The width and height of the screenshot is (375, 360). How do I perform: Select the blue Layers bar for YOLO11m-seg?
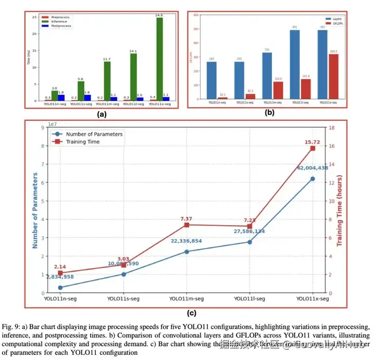pyautogui.click(x=267, y=76)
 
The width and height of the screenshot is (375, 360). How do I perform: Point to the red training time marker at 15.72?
pyautogui.click(x=312, y=148)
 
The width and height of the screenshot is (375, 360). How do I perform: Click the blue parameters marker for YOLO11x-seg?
pyautogui.click(x=312, y=179)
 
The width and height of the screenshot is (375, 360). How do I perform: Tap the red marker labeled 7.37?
pyautogui.click(x=186, y=225)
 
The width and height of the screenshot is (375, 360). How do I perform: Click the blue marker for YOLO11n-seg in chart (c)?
pyautogui.click(x=60, y=288)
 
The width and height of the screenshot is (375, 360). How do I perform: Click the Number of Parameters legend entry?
pyautogui.click(x=91, y=134)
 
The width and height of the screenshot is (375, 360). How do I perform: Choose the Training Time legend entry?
pyautogui.click(x=83, y=142)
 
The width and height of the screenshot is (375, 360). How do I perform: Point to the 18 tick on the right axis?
pyautogui.click(x=331, y=128)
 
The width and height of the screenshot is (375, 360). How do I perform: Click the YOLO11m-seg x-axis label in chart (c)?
pyautogui.click(x=186, y=299)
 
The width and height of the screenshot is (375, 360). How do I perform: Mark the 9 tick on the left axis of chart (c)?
pyautogui.click(x=42, y=128)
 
